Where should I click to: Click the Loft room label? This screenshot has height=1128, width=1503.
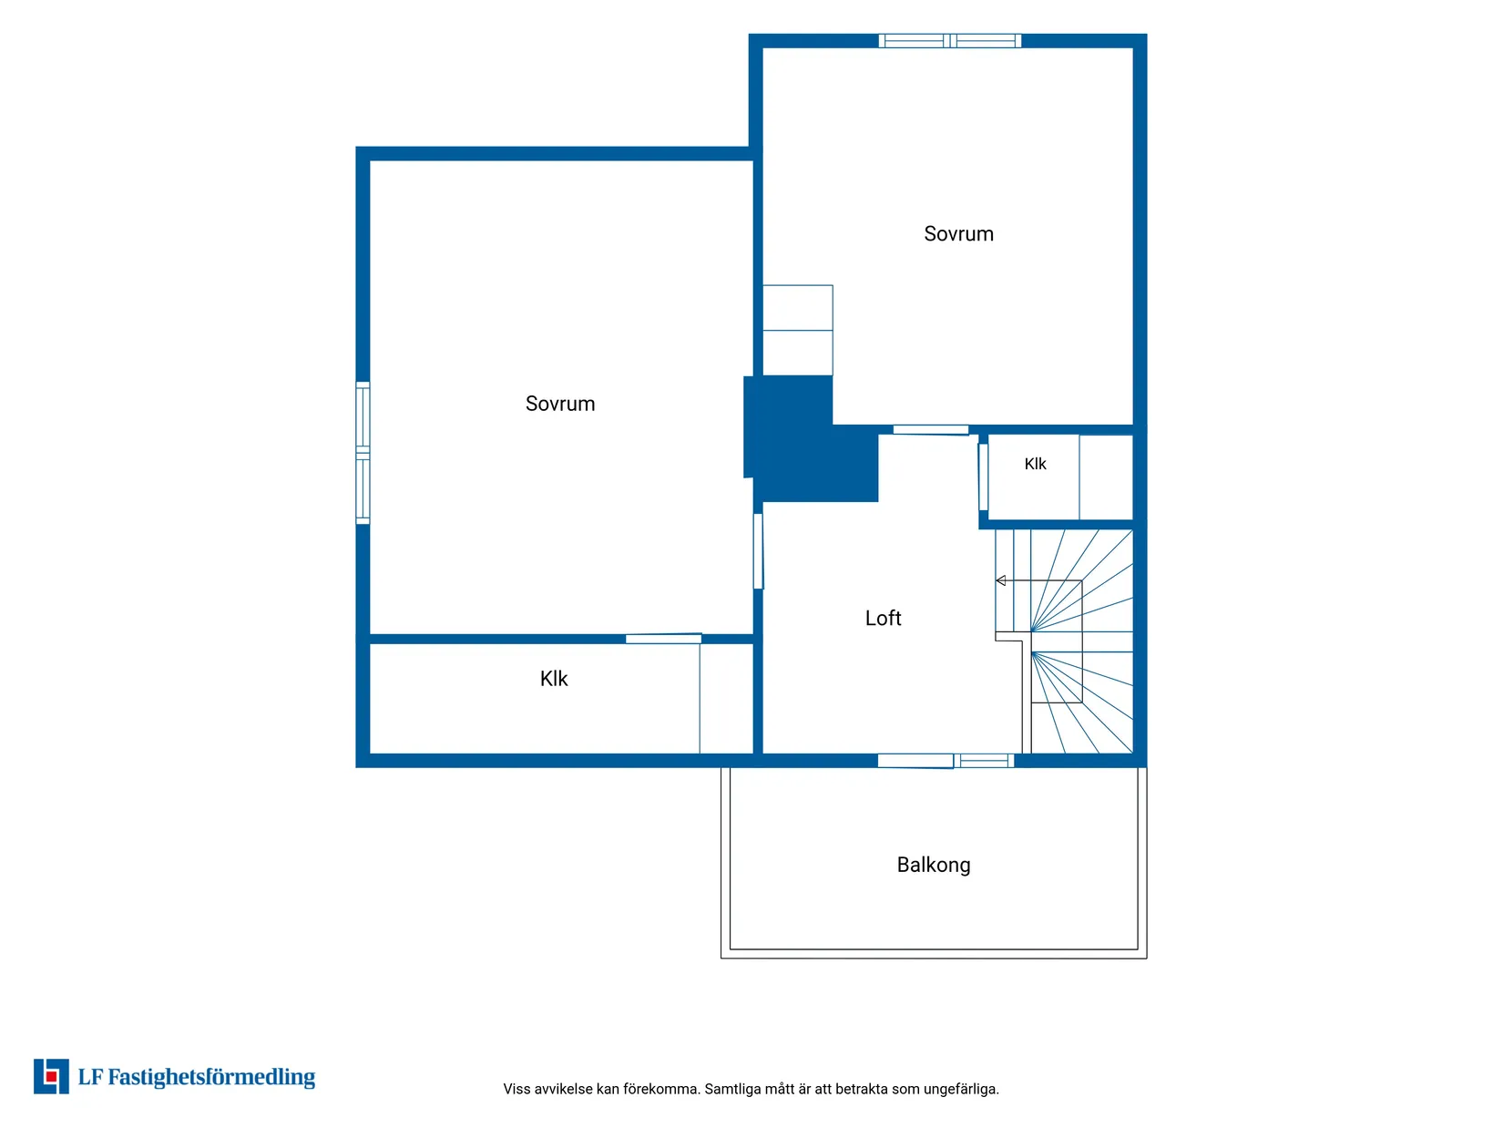pyautogui.click(x=883, y=619)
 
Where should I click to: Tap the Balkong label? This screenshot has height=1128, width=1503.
pyautogui.click(x=934, y=865)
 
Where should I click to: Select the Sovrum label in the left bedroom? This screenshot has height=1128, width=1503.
pyautogui.click(x=560, y=404)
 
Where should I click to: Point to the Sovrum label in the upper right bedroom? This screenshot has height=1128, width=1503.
pyautogui.click(x=958, y=233)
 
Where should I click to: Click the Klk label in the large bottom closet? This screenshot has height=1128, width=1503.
pyautogui.click(x=554, y=679)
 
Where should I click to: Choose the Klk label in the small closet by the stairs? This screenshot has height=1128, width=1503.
pyautogui.click(x=1036, y=464)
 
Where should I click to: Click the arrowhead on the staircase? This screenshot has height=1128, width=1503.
pyautogui.click(x=1000, y=580)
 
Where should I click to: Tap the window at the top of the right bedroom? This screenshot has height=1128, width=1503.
pyautogui.click(x=950, y=41)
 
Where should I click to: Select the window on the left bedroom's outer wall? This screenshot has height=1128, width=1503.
pyautogui.click(x=363, y=453)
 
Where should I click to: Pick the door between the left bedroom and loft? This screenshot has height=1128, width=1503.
pyautogui.click(x=758, y=551)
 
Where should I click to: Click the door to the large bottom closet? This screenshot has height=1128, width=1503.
pyautogui.click(x=663, y=639)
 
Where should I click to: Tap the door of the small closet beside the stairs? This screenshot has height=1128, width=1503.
pyautogui.click(x=983, y=477)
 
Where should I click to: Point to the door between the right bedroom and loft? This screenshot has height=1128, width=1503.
pyautogui.click(x=931, y=429)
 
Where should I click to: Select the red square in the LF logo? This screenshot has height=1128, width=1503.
pyautogui.click(x=51, y=1077)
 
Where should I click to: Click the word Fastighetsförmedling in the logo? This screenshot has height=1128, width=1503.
pyautogui.click(x=211, y=1078)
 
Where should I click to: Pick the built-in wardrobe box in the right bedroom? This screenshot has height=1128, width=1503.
pyautogui.click(x=798, y=330)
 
